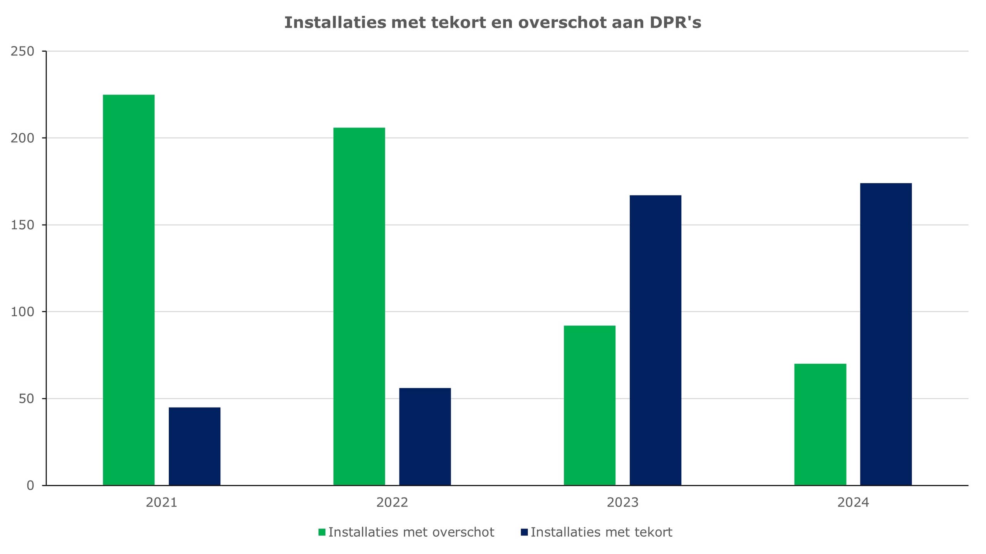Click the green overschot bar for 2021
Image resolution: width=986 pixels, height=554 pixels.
click(x=129, y=290)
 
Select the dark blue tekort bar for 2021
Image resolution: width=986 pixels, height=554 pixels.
click(x=195, y=446)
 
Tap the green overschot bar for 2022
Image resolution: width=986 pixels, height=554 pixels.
click(x=359, y=306)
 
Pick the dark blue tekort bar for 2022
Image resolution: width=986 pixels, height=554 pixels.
click(x=425, y=436)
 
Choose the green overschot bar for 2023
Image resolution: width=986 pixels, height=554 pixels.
click(x=589, y=405)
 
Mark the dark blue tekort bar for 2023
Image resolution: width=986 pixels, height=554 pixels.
click(x=655, y=340)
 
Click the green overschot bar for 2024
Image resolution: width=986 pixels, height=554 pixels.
click(x=820, y=424)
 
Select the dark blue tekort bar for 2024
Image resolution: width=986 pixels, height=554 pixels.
click(x=886, y=334)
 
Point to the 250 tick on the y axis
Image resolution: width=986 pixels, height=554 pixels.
click(x=22, y=51)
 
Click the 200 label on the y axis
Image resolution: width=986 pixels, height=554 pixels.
click(x=22, y=138)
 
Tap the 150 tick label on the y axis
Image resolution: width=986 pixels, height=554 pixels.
click(x=22, y=225)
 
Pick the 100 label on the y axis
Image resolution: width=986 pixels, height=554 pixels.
click(x=22, y=312)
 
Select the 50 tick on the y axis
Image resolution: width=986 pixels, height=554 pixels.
click(x=26, y=399)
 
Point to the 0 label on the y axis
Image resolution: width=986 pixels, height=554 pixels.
click(x=30, y=485)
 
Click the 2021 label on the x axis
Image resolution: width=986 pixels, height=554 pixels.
click(x=161, y=502)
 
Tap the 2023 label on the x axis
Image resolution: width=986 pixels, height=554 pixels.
click(x=622, y=502)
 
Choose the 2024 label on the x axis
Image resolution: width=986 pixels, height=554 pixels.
click(x=853, y=502)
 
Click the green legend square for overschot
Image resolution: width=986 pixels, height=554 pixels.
click(x=322, y=532)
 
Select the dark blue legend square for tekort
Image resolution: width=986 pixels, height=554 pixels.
click(x=524, y=532)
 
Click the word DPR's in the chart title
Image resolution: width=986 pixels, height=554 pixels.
click(x=676, y=22)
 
